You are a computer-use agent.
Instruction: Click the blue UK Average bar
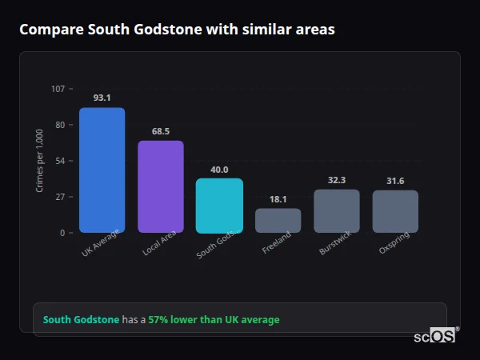click(102, 170)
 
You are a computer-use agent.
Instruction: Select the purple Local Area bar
click(161, 186)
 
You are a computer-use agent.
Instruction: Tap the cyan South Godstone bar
click(219, 206)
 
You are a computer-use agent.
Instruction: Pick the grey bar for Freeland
click(278, 221)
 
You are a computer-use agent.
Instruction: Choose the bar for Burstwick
click(337, 211)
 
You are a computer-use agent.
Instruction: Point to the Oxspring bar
click(395, 211)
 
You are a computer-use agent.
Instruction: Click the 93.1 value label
click(102, 98)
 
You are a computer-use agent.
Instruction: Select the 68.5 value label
click(161, 131)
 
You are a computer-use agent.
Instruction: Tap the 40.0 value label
click(219, 170)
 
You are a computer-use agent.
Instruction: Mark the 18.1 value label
click(278, 199)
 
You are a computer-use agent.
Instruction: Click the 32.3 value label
click(337, 180)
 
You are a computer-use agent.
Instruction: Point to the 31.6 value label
click(395, 181)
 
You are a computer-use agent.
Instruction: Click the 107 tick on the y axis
click(58, 89)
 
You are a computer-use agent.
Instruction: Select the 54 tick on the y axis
click(60, 161)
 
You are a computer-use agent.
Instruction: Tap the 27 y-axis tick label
click(60, 197)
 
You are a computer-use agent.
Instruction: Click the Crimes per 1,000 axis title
click(40, 160)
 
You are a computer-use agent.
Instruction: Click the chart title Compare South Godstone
click(177, 30)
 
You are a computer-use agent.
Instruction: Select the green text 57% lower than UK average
click(214, 320)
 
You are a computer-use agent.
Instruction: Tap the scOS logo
click(435, 336)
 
